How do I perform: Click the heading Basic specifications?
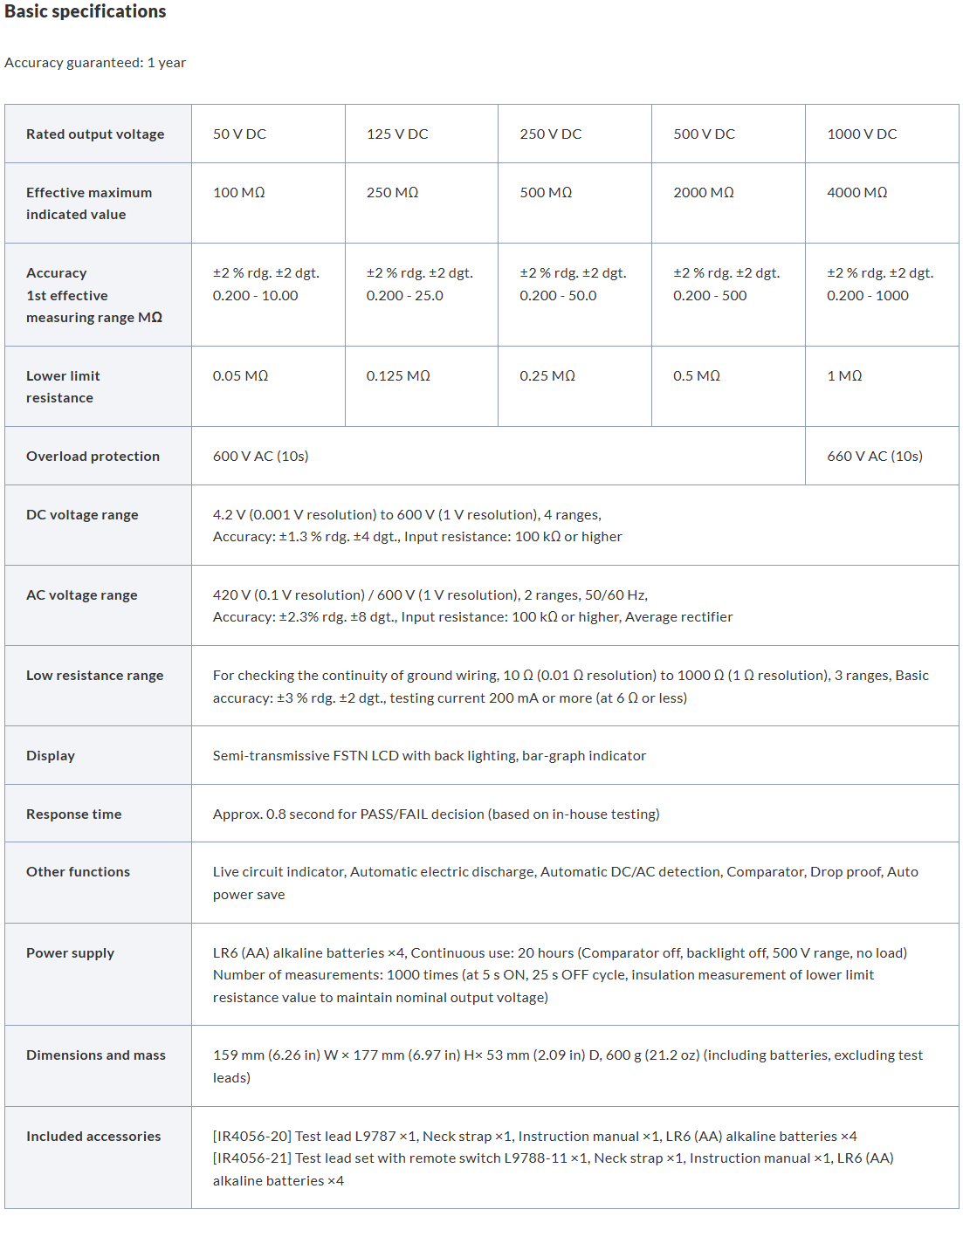tap(86, 12)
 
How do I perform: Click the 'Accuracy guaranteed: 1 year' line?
tap(95, 63)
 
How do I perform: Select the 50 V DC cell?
tap(239, 134)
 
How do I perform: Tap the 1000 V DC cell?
tap(862, 134)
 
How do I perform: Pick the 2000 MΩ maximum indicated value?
tap(703, 193)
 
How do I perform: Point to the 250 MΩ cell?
tap(392, 193)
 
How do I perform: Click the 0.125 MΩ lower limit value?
tap(398, 376)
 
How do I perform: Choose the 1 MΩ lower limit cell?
tap(844, 376)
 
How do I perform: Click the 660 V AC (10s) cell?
tap(874, 457)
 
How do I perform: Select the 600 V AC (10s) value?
tap(260, 457)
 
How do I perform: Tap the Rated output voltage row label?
tap(95, 134)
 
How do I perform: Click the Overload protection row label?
tap(93, 457)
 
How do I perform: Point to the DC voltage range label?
tap(82, 515)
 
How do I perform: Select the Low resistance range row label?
tap(94, 676)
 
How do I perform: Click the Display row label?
tap(51, 756)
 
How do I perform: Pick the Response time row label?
tap(73, 814)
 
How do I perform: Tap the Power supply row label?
tap(70, 953)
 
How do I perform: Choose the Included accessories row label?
tap(93, 1137)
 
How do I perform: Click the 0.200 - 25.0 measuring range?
tap(404, 296)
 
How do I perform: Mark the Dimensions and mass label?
tap(96, 1055)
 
